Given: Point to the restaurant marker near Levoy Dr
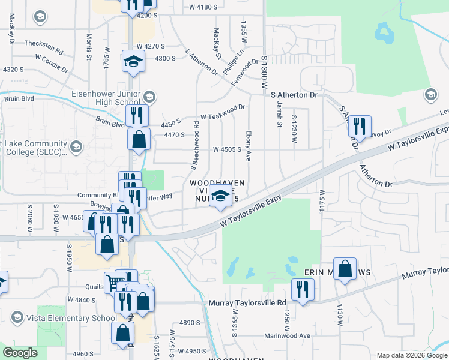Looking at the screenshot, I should click(359, 126).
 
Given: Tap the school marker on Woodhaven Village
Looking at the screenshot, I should click(221, 196).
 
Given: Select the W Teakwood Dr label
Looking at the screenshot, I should click(223, 108).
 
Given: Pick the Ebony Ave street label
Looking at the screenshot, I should click(247, 148).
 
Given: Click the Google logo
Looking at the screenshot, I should click(20, 353).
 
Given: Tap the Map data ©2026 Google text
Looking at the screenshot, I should click(412, 355).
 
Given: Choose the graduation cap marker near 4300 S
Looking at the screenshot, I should click(134, 61).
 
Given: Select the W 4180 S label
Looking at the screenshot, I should click(205, 7).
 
